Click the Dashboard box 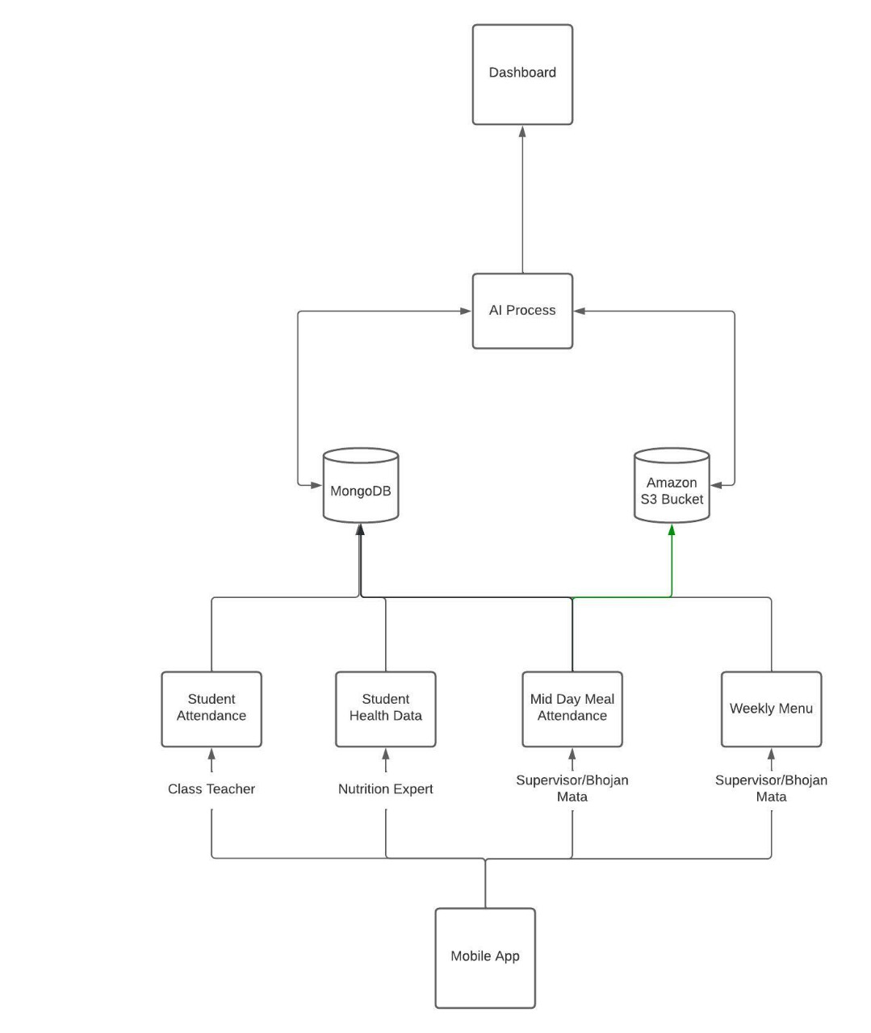(x=522, y=74)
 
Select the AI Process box (x=522, y=311)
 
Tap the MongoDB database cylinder (x=361, y=487)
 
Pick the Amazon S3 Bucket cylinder (x=672, y=487)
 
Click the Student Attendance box (x=211, y=709)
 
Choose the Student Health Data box (x=385, y=709)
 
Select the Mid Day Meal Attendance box (x=572, y=709)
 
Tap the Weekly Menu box (x=771, y=709)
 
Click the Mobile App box (x=485, y=957)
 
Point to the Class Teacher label (x=211, y=789)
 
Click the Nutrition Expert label (x=385, y=789)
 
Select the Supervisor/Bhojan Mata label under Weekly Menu (x=771, y=788)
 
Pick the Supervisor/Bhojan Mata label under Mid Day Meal (x=572, y=788)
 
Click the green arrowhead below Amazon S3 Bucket (x=672, y=529)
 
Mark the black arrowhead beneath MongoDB (x=360, y=529)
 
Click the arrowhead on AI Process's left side (x=466, y=311)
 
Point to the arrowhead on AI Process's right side (x=579, y=311)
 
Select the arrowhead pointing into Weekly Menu (x=771, y=754)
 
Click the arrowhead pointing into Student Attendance (x=211, y=754)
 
